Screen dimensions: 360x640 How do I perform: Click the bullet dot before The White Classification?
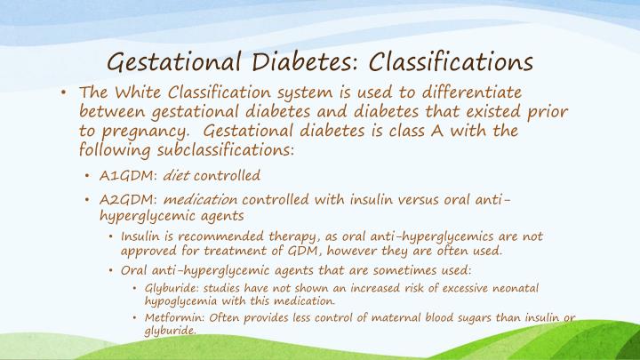(x=65, y=93)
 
